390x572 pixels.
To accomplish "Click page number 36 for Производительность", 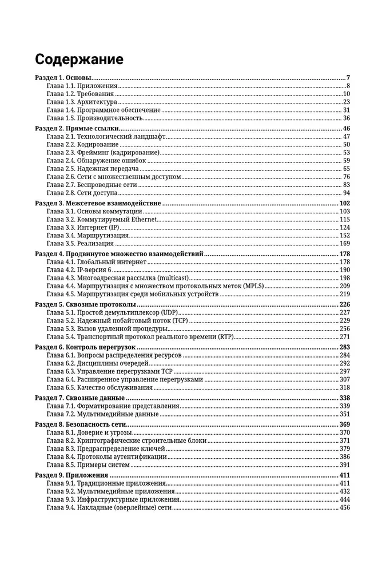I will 346,118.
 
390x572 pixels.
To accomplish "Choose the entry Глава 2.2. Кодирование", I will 83,145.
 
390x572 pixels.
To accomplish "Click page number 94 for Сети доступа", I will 346,193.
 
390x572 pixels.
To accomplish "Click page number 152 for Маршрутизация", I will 344,236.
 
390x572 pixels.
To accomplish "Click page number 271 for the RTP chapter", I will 344,337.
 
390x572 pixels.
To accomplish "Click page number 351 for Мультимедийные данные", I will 344,414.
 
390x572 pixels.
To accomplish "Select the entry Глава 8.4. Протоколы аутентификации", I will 106,457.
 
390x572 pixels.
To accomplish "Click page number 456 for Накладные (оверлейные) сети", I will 344,507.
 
